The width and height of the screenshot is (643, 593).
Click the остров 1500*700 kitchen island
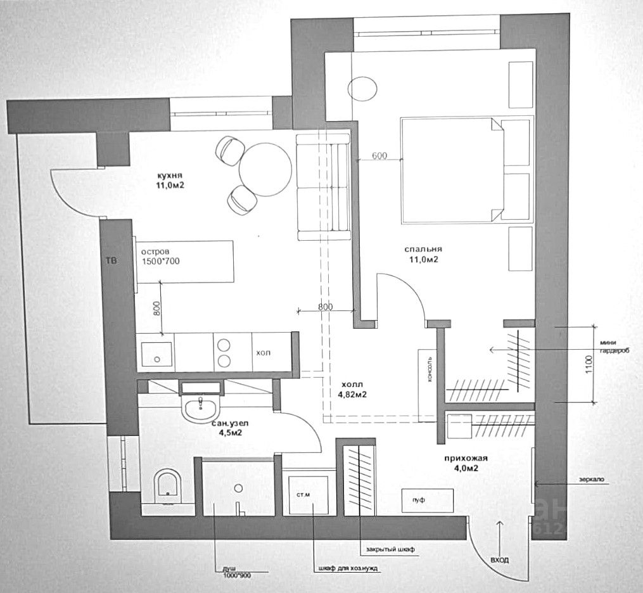click(x=184, y=261)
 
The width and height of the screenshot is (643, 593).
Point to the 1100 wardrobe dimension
click(x=589, y=364)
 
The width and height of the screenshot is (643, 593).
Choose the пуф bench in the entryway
click(x=428, y=501)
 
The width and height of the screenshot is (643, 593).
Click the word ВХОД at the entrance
click(x=499, y=560)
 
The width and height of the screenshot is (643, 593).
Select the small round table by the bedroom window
click(x=364, y=87)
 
